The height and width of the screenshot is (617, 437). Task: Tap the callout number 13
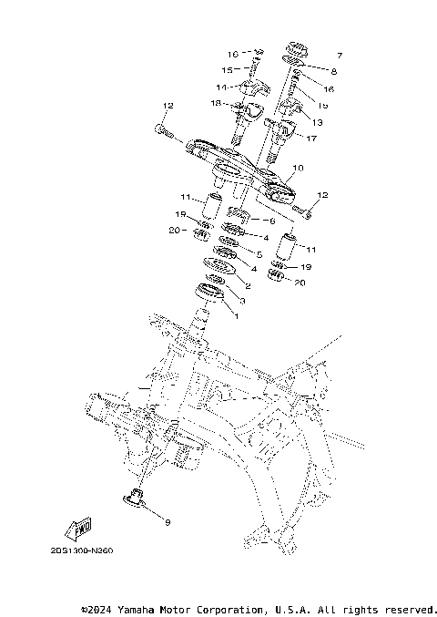click(318, 121)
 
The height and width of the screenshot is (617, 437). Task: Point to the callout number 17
click(312, 139)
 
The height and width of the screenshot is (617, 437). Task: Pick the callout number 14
click(220, 87)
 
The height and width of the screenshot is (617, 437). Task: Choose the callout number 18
click(217, 105)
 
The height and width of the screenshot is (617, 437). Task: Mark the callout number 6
click(270, 221)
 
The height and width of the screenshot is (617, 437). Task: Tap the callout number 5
click(259, 254)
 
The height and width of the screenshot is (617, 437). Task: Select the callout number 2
click(247, 286)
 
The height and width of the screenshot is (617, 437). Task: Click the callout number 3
click(241, 300)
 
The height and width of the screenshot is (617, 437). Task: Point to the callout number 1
click(236, 315)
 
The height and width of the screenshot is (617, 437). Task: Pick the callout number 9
click(167, 522)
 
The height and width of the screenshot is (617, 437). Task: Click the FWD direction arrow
click(80, 527)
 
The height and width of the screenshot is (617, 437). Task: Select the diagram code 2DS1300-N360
click(88, 550)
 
